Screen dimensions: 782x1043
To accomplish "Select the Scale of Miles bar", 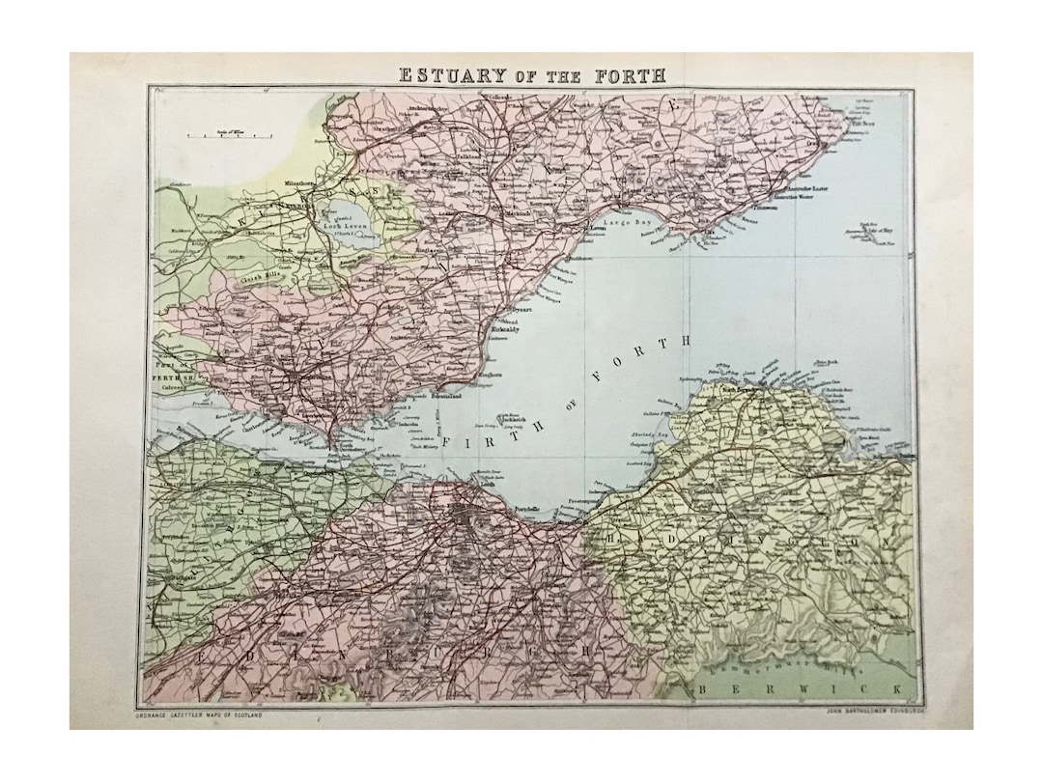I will (x=223, y=136).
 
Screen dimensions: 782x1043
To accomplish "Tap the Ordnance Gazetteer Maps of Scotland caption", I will (x=197, y=714).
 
